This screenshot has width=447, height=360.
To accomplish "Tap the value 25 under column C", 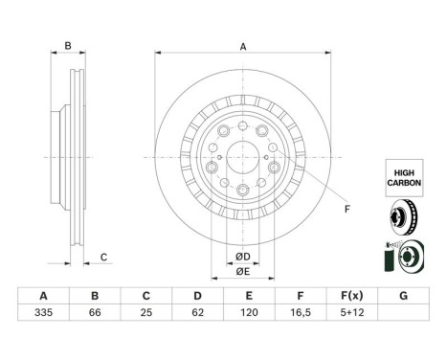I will pos(145,312).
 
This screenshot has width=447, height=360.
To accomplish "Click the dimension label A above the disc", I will pos(243,47).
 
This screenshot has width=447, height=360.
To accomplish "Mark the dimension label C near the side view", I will pos(103,257).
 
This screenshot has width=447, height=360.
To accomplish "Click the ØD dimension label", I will pos(243,256).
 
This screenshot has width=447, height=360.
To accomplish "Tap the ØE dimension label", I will pos(243,271).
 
